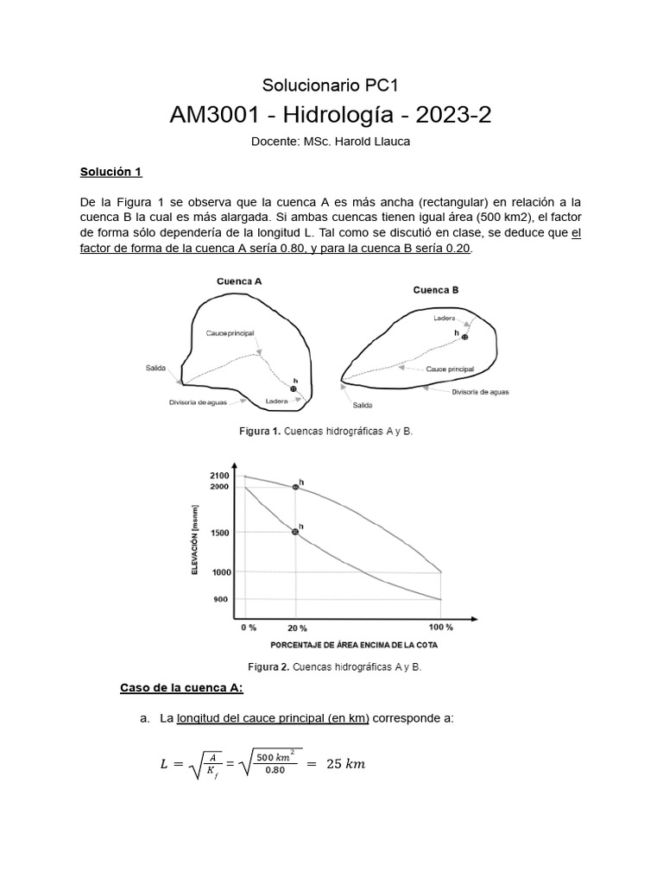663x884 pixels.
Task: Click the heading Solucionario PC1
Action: coord(330,85)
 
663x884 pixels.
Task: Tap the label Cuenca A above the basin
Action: coord(239,281)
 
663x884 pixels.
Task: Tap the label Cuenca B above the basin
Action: coord(436,290)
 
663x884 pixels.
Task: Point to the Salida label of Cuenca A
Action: coord(156,369)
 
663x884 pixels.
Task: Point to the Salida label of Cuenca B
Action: coord(363,405)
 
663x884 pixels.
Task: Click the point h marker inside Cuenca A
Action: coord(294,389)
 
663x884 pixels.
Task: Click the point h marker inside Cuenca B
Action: coord(464,337)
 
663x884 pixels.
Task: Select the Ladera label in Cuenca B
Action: coord(445,319)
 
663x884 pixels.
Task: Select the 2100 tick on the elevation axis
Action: coord(219,476)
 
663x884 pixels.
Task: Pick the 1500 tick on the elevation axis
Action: coord(219,533)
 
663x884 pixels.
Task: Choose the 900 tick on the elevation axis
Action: coord(221,599)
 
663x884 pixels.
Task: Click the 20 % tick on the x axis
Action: coord(296,628)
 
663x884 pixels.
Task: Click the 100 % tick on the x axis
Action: coord(440,628)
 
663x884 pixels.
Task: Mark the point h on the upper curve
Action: coord(295,487)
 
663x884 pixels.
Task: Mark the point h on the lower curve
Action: coord(295,532)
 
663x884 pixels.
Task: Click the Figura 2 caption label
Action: coord(268,666)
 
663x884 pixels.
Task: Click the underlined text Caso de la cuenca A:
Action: coord(181,687)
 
